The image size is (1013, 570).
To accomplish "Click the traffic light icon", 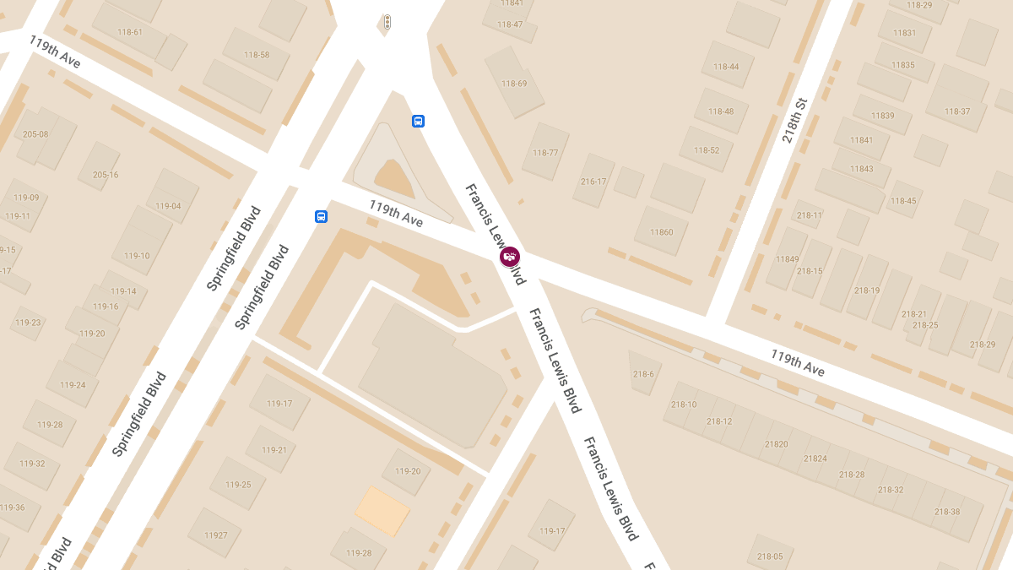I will (387, 22).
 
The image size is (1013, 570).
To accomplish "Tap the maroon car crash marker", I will (510, 256).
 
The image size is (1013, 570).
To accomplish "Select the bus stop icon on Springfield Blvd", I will (321, 216).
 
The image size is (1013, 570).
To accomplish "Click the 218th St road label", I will (794, 120).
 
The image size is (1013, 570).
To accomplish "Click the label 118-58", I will (257, 55).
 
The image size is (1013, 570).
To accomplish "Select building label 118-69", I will (514, 83).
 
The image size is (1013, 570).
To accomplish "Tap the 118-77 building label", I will (545, 153).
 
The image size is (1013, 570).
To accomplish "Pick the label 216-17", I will (593, 182).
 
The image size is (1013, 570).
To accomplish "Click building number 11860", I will (662, 231).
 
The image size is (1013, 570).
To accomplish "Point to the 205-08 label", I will (35, 134).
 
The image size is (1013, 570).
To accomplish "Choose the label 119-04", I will (168, 206).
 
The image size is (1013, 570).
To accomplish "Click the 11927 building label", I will (215, 535).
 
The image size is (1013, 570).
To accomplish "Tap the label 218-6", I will (643, 374).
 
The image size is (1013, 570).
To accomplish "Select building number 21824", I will (815, 459).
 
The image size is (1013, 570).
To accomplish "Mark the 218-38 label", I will (947, 512).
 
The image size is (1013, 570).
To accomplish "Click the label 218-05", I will (770, 556).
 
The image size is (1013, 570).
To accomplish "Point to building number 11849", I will (787, 258).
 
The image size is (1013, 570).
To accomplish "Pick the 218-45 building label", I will (902, 201).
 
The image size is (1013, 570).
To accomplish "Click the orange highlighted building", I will (382, 510).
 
